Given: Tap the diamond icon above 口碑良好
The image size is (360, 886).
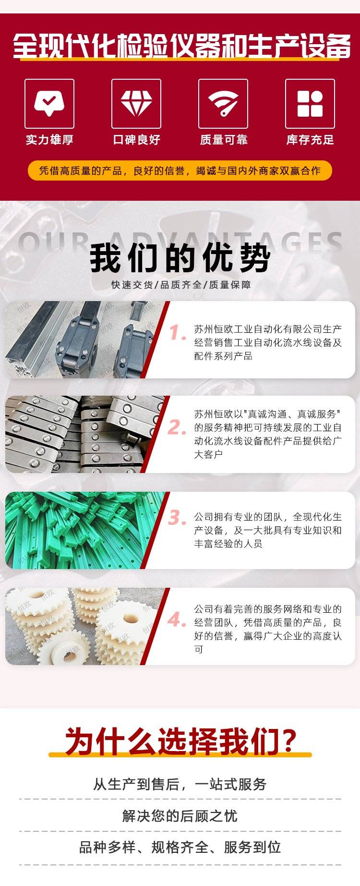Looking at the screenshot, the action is (136, 103).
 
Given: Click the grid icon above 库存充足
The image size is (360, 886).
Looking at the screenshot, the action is (310, 104).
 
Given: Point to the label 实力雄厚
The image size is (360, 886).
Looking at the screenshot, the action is (49, 140).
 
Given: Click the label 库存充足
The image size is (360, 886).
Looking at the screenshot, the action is (310, 140).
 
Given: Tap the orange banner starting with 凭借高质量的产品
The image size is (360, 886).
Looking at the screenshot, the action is (180, 170).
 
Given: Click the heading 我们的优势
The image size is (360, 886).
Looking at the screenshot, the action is (180, 258).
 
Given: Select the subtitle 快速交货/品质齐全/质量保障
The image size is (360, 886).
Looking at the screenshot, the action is (181, 285).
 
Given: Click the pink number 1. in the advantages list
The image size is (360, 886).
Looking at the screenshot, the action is (177, 332).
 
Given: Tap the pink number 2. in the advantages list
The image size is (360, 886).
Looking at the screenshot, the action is (177, 427).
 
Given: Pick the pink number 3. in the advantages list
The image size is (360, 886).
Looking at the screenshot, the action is (177, 518).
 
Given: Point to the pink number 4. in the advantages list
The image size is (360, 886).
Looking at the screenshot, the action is (177, 619).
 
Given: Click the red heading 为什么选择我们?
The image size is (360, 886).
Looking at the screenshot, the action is (180, 741).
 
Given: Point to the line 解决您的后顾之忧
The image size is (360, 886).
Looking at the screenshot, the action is (180, 815).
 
